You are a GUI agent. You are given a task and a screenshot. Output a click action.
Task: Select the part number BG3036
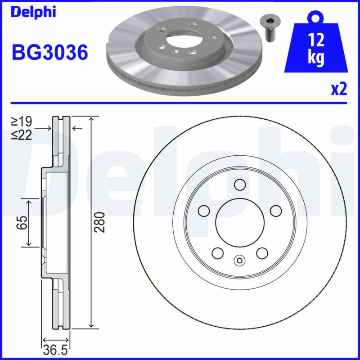pyautogui.click(x=49, y=53)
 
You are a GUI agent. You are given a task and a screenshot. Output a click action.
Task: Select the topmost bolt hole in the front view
pyautogui.click(x=239, y=184)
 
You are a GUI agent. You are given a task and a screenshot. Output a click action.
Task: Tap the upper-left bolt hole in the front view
pyautogui.click(x=203, y=211)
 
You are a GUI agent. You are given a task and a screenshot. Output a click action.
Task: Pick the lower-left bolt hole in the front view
pyautogui.click(x=217, y=253)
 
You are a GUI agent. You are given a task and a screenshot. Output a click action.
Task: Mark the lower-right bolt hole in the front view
pyautogui.click(x=261, y=253)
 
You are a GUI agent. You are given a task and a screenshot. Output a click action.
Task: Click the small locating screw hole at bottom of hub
pyautogui.click(x=239, y=260)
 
